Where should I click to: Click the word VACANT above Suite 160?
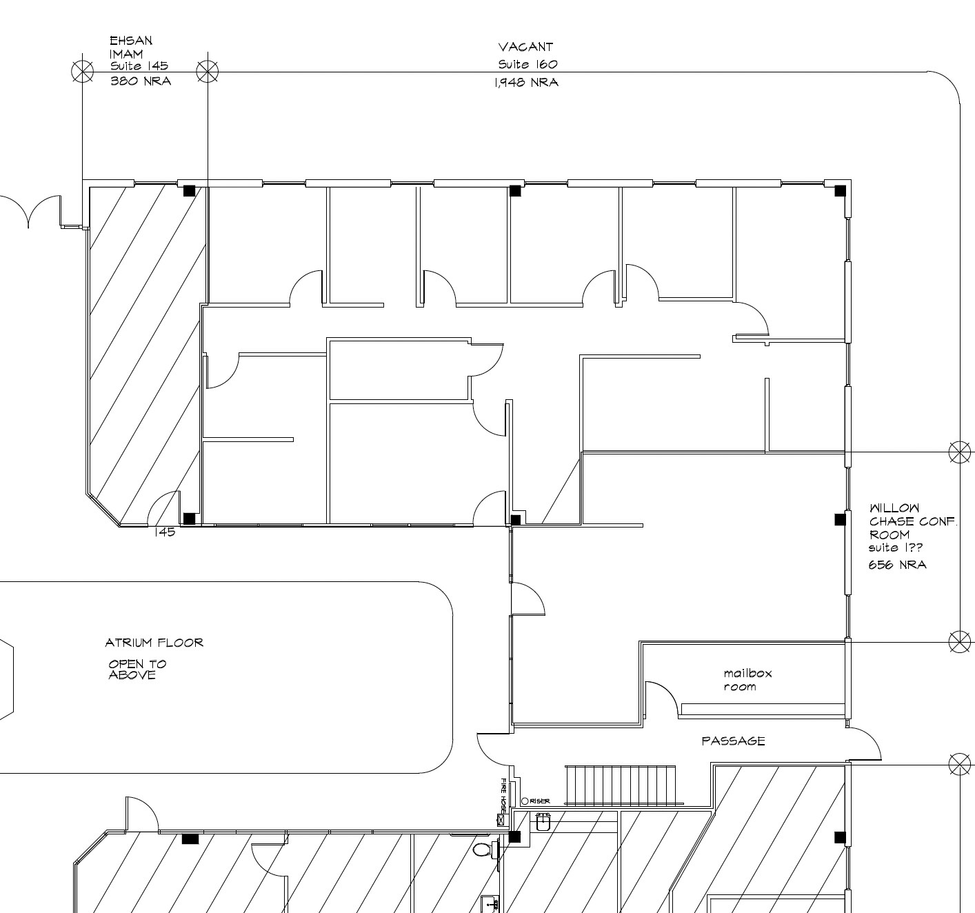coord(525,47)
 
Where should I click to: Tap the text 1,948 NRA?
coord(525,83)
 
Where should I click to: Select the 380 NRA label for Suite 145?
coord(141,81)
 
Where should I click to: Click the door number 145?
coord(164,532)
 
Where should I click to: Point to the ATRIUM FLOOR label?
coord(154,643)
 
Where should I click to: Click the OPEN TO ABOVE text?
coord(137,669)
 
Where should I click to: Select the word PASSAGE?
coord(733,741)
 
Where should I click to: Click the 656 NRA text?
coord(896,565)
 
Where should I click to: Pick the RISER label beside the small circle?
coord(540,801)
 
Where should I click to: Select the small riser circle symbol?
coord(525,801)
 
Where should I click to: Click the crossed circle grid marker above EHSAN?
coord(82,70)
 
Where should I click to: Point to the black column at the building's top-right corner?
coord(840,190)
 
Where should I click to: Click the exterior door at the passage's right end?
coord(865,743)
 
